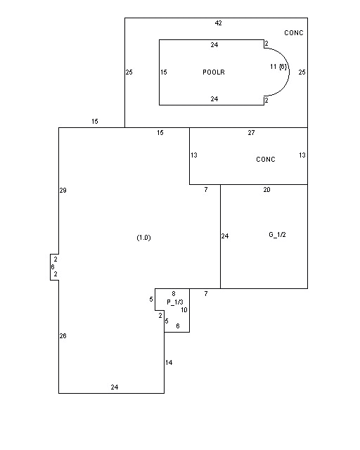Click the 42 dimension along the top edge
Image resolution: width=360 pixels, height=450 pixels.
tap(218, 23)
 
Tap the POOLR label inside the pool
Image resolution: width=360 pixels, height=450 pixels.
tap(214, 72)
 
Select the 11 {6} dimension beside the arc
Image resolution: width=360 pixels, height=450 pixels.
tap(278, 67)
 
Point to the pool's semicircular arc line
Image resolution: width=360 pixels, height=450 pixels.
tap(289, 72)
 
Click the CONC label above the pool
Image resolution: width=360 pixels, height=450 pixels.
tap(294, 33)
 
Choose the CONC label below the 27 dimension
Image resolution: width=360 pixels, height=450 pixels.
tap(266, 160)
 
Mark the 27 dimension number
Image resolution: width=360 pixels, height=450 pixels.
tap(251, 133)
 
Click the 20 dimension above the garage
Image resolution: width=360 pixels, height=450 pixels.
tap(266, 189)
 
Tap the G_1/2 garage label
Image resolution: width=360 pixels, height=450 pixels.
tap(277, 235)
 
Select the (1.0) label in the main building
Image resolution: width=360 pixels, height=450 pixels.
tap(143, 238)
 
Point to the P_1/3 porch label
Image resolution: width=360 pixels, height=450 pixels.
tap(175, 302)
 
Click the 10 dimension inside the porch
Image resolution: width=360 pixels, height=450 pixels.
tap(184, 310)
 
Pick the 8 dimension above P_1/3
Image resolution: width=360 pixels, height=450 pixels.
tap(174, 294)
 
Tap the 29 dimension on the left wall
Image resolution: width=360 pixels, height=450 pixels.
tap(63, 191)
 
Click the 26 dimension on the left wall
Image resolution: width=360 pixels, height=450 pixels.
tap(63, 336)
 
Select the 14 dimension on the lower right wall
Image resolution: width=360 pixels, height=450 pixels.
tap(169, 363)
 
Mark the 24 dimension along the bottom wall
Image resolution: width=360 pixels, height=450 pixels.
tap(115, 387)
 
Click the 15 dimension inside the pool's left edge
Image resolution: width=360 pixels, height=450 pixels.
tap(164, 72)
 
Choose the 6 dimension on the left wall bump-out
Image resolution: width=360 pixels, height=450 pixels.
tap(53, 267)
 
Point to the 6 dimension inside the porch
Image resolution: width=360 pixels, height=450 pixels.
tap(178, 326)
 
